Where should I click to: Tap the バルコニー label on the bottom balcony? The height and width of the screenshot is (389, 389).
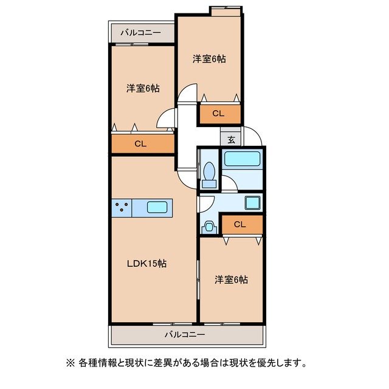coord(185,334)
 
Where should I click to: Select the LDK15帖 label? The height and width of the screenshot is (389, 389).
coord(147,264)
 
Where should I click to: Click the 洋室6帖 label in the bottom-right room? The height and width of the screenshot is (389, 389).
coord(231,280)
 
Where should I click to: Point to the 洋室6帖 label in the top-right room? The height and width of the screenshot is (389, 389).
coord(210,59)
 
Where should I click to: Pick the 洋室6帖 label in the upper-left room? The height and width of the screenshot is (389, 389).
coord(143,88)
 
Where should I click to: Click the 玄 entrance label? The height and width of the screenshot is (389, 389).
coord(231,139)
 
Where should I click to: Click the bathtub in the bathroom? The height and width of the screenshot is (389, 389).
coord(243,160)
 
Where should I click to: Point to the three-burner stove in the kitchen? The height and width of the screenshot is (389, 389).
coord(122,207)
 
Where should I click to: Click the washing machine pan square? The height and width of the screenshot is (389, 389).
coord(252,202)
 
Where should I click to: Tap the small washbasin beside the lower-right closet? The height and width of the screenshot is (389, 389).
coord(210,227)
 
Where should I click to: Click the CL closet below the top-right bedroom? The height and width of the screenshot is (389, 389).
coord(218,113)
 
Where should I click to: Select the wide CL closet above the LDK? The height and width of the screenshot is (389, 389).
coord(140,144)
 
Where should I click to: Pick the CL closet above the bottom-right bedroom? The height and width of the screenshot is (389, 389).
coord(240,224)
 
